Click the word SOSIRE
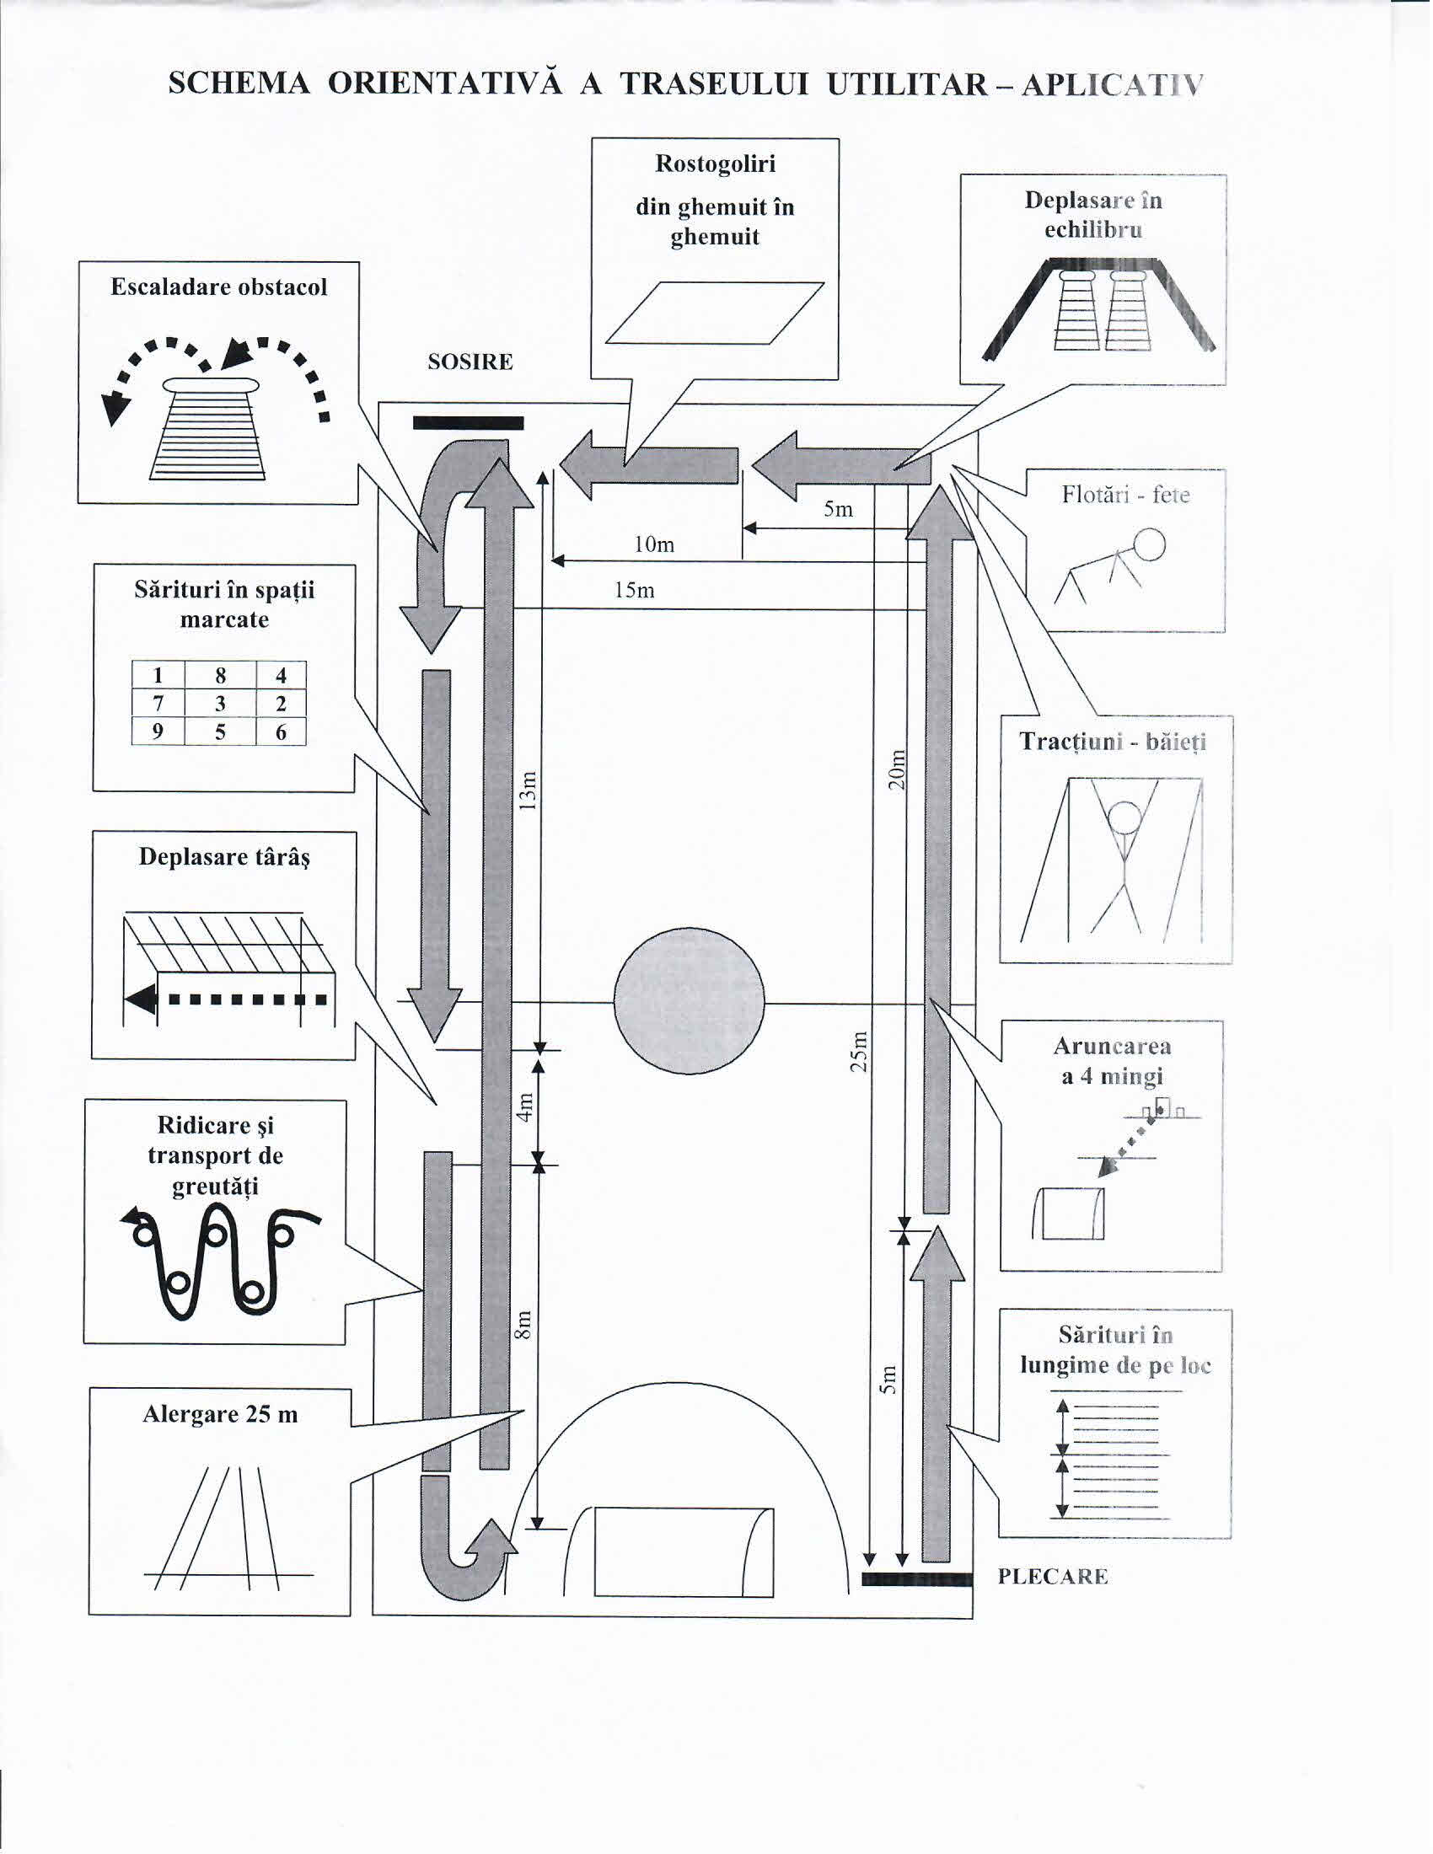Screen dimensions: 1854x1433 [470, 362]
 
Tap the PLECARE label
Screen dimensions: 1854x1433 [1053, 1578]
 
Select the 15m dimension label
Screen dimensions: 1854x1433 [634, 591]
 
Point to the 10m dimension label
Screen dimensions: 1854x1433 [653, 545]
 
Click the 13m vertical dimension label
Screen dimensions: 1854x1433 [528, 790]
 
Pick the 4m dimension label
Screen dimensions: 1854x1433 [525, 1107]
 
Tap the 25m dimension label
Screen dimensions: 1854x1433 [860, 1052]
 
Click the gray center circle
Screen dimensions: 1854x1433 [689, 1002]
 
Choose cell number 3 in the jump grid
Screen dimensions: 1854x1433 [220, 704]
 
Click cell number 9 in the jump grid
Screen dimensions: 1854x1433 [158, 731]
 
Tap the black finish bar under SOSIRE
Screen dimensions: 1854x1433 [468, 424]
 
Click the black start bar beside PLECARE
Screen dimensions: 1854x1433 [916, 1580]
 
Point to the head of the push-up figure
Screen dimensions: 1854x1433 [1150, 545]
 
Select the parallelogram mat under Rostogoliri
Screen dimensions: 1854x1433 [714, 313]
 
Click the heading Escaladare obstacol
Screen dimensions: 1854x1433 [219, 287]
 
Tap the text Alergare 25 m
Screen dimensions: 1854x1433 [220, 1414]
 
